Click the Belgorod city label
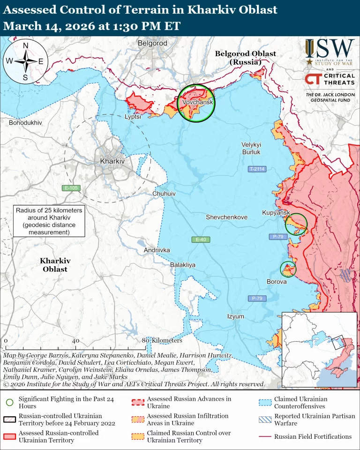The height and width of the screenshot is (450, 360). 152,43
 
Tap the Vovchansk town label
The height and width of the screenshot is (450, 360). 197,102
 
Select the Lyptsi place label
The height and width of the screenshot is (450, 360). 133,117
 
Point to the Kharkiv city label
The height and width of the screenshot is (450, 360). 112,161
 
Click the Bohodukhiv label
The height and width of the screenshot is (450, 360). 25,122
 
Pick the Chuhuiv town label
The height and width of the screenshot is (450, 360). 164,193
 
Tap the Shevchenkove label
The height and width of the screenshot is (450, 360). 226,217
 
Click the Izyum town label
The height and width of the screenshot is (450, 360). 235,316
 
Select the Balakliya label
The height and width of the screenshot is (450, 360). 182,265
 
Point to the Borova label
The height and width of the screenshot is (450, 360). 276,282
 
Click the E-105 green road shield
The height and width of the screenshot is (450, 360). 71,188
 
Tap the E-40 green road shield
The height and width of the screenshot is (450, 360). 201,240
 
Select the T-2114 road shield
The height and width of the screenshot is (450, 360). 257,169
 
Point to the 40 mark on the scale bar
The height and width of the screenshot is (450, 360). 75,341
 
